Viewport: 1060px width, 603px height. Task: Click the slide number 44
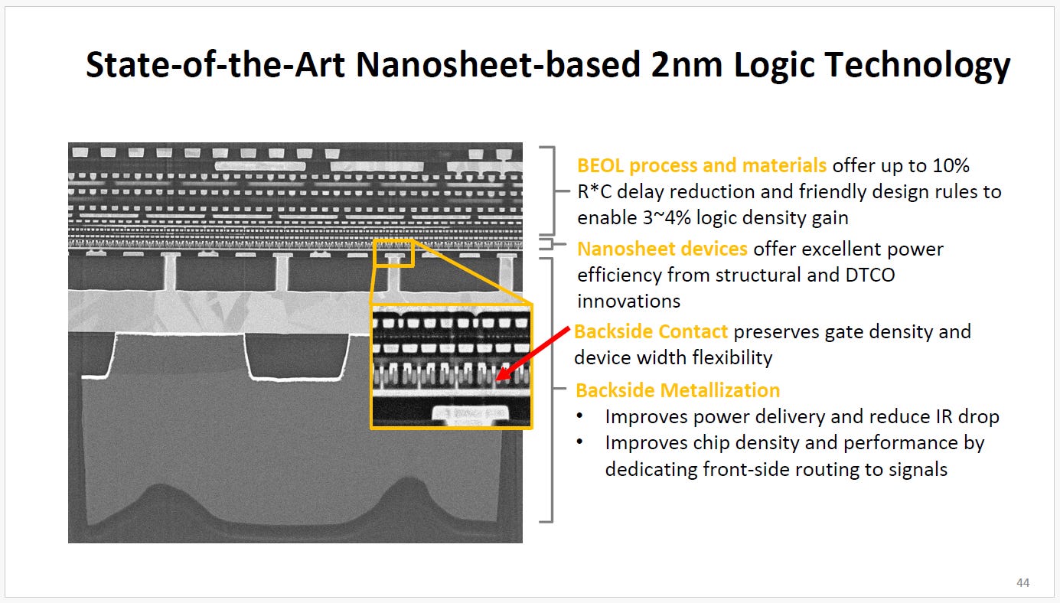[1022, 583]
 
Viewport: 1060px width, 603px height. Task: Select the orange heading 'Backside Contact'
[651, 332]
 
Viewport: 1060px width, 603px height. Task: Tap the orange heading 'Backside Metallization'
[677, 390]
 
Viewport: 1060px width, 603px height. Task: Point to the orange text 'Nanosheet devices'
[662, 249]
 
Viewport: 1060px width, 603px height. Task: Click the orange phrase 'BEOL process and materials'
[702, 165]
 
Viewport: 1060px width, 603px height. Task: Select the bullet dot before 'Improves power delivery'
[582, 417]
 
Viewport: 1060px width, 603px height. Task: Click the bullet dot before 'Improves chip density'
[582, 443]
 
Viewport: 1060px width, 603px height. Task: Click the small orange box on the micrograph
[393, 253]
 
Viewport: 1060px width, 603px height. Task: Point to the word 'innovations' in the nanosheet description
[628, 301]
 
